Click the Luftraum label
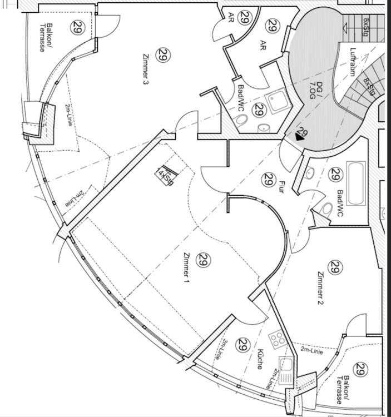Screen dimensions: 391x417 point(352,62)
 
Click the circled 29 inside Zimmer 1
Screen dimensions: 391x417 point(204,259)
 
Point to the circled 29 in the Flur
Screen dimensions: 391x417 point(268,180)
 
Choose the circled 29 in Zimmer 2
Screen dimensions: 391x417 point(334,267)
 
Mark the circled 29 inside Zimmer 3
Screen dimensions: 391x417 point(162,54)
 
